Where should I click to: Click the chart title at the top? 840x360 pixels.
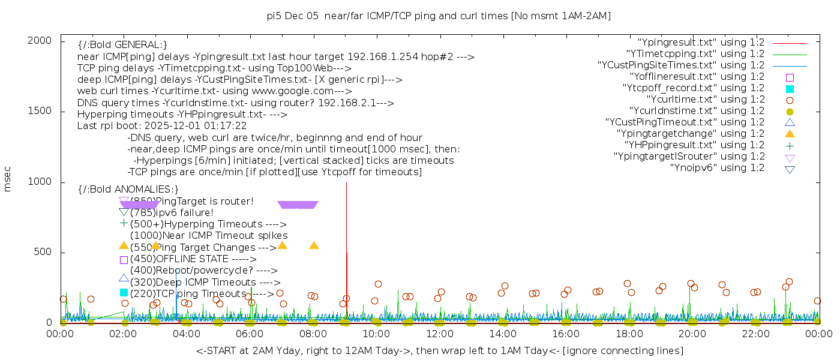pos(439,16)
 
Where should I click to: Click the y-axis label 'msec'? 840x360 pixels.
pos(8,179)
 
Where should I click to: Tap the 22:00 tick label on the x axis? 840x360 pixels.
pos(755,334)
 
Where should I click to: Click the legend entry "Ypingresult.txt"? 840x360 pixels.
pos(700,43)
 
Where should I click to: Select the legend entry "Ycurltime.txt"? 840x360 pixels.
pos(705,100)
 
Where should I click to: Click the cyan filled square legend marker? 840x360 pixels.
pos(790,89)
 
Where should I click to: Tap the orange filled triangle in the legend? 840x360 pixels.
pos(790,134)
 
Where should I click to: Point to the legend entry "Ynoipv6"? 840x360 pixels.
pos(717,168)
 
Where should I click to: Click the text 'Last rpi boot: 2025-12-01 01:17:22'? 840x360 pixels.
pos(162,126)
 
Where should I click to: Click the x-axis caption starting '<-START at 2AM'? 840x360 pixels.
pos(439,350)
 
